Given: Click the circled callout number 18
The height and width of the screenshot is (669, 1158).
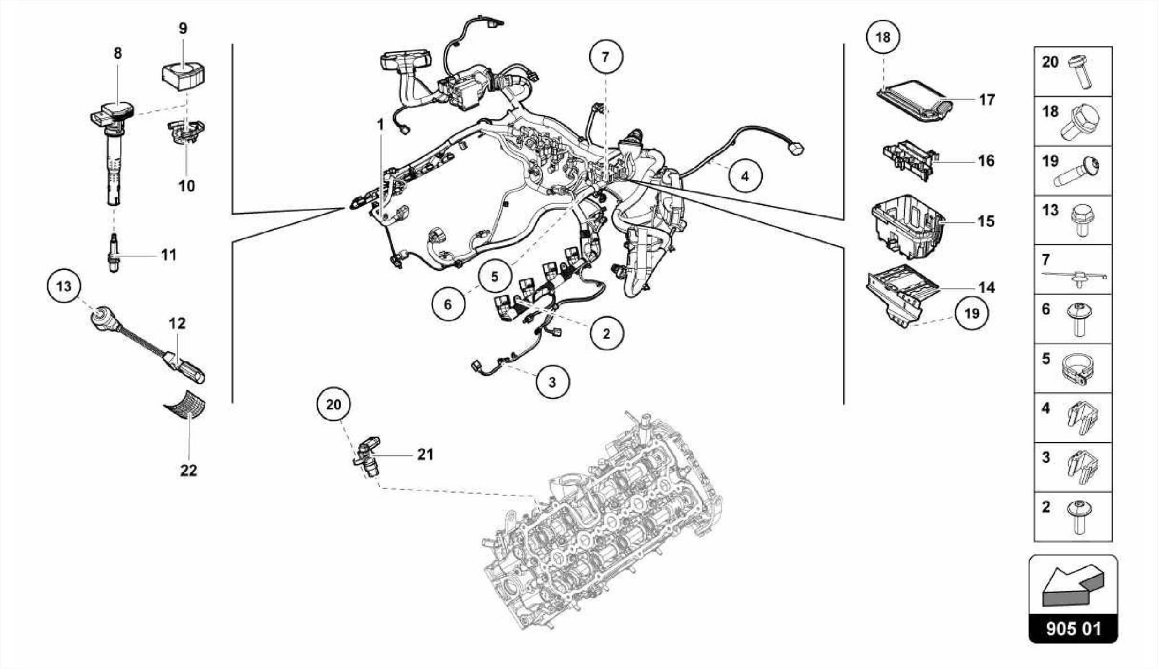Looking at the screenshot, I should point(883,37).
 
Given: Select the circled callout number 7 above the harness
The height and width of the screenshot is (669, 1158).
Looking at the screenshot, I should point(606,57).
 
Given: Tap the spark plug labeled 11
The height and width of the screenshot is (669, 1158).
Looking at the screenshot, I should point(114,253).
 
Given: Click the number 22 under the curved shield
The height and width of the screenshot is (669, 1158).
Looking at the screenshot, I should point(188,470).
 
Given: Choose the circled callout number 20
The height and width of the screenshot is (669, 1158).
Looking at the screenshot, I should point(334,404).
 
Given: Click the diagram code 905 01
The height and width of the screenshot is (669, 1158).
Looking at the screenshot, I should point(1073,629).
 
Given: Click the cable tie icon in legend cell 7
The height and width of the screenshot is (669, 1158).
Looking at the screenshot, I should point(1075,276).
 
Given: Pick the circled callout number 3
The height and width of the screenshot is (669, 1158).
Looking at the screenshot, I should point(552,382).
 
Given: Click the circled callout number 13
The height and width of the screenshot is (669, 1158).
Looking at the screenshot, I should point(64,286).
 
